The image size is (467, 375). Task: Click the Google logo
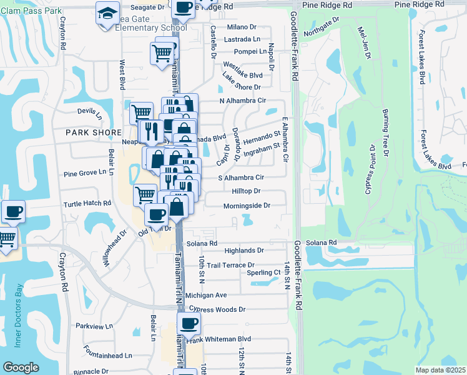click(21, 367)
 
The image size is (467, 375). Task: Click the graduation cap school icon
click(107, 12)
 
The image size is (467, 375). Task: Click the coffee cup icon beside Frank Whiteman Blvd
click(189, 324)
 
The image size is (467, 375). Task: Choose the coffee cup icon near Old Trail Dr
click(157, 214)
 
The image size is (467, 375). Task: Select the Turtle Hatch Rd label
click(87, 204)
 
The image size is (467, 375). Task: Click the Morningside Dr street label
click(247, 206)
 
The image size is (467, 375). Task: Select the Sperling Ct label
click(263, 272)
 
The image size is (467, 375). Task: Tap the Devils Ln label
click(89, 113)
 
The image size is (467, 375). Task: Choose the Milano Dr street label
click(242, 27)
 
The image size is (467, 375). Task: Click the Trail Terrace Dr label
click(230, 265)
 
